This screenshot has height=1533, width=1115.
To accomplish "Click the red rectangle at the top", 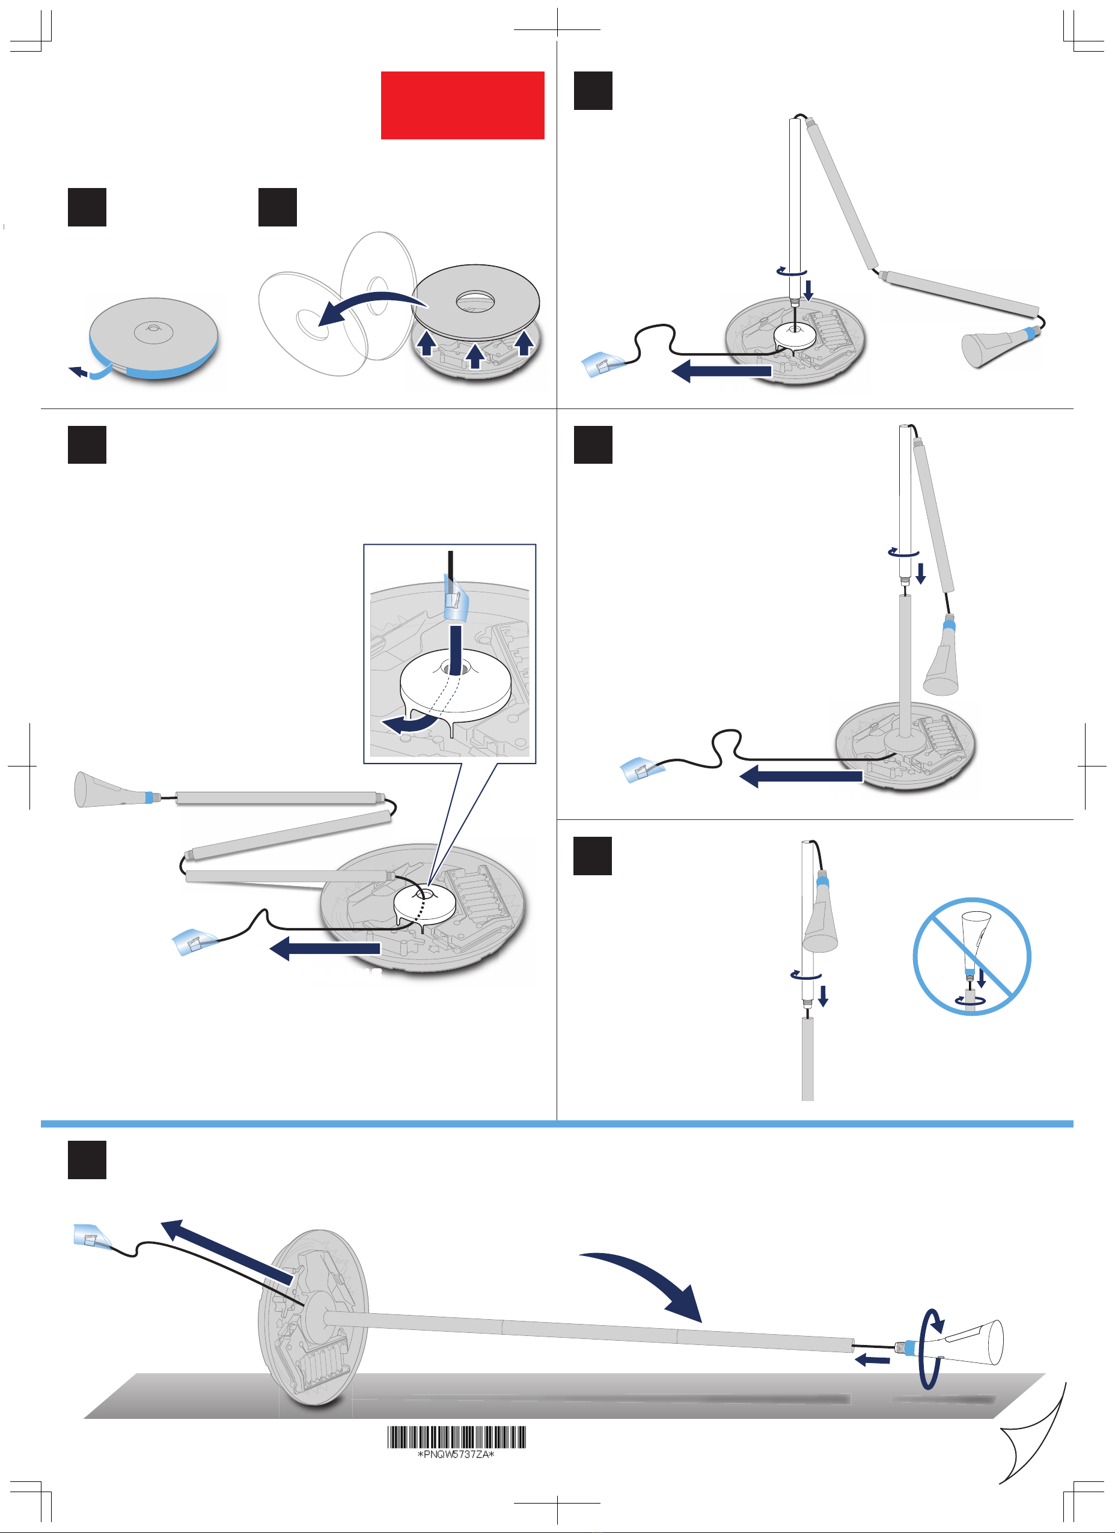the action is (462, 106).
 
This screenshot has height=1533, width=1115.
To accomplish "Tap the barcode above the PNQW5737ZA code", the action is (456, 1436).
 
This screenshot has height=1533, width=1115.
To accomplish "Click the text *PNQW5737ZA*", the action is (456, 1454).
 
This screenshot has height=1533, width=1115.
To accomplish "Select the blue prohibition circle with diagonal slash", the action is (972, 956).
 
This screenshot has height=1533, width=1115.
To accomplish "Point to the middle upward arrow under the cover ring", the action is (475, 356).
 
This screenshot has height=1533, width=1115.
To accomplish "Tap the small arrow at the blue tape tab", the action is (78, 371).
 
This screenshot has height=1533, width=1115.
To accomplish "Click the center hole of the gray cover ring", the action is (476, 300).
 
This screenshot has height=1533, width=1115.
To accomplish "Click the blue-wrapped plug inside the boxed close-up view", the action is (454, 598).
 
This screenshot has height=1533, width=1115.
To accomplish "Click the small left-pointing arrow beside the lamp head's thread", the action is (872, 1359).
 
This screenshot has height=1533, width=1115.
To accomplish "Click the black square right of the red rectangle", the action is (592, 91).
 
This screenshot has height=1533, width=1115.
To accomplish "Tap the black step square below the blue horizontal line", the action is (87, 1160).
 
